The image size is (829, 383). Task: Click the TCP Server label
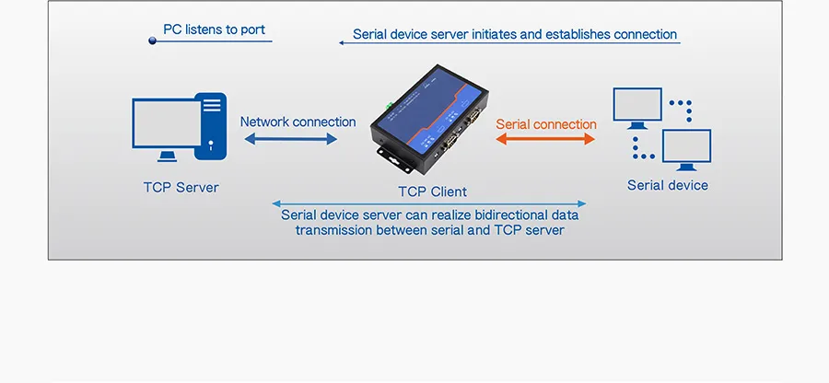181,187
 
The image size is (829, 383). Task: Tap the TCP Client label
431,191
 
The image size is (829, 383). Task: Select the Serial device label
667,185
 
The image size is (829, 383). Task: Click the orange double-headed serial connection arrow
546,139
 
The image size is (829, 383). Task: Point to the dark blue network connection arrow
291,139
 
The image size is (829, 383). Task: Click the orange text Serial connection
546,124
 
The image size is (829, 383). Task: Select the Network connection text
298,122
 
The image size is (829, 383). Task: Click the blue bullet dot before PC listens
152,41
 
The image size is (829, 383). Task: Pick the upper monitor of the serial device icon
636,106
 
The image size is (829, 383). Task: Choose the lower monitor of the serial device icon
686,148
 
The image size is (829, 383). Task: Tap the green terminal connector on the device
391,102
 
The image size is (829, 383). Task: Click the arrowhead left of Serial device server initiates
343,42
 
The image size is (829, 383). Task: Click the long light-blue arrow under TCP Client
429,203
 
